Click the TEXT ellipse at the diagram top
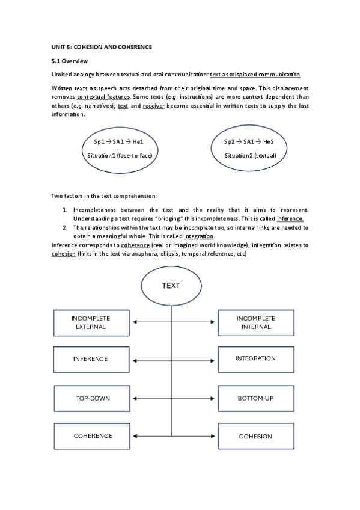click(171, 286)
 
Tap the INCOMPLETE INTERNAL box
click(255, 323)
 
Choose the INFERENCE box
click(90, 359)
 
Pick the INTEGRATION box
click(255, 359)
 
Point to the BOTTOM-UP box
click(255, 398)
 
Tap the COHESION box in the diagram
click(255, 436)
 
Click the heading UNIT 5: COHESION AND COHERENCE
click(102, 46)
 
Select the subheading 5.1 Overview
click(70, 61)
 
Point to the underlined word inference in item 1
click(290, 218)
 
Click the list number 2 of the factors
click(66, 228)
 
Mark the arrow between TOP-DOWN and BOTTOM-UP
click(174, 398)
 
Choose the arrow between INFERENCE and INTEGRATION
click(174, 360)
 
